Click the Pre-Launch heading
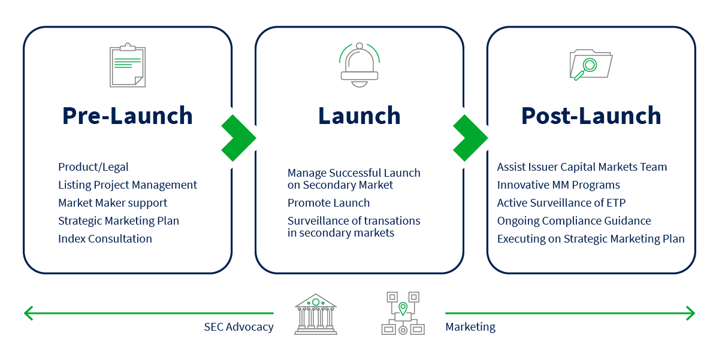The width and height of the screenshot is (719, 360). (128, 116)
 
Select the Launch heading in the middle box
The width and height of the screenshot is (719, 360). (359, 116)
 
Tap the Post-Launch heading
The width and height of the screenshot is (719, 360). (591, 116)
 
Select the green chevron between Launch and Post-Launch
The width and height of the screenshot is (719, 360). (469, 138)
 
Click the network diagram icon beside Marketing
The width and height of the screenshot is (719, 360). (403, 313)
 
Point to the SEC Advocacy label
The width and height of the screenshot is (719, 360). (238, 327)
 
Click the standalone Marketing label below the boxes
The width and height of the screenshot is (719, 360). (470, 327)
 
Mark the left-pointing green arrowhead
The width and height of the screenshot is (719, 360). (28, 313)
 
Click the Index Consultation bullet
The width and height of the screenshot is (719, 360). (105, 238)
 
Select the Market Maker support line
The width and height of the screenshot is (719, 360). (113, 202)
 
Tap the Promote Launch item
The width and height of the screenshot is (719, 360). (328, 202)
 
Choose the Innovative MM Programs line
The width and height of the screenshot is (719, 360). (558, 184)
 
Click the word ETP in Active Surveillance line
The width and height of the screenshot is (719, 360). (615, 202)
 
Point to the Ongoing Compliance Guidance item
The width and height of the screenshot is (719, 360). (574, 220)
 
